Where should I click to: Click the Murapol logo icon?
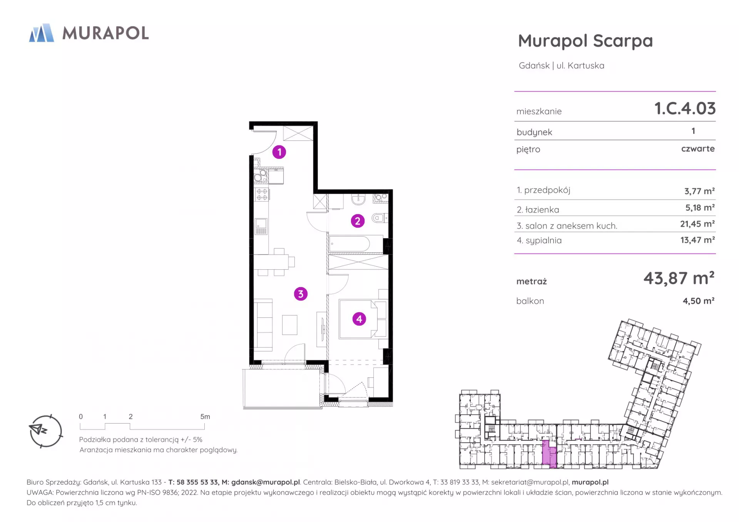click(42, 33)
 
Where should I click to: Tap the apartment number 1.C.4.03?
click(685, 108)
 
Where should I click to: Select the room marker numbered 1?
click(279, 152)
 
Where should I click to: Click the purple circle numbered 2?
click(358, 221)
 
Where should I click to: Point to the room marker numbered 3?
click(301, 294)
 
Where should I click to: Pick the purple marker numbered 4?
click(359, 319)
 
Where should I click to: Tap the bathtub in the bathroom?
click(350, 244)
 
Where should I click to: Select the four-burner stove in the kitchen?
click(262, 195)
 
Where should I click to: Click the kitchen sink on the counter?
click(261, 226)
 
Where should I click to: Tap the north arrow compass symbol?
click(45, 431)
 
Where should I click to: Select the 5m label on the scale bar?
click(205, 417)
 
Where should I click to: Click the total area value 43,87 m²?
click(679, 278)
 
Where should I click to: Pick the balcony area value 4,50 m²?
click(699, 301)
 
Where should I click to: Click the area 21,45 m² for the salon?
click(697, 224)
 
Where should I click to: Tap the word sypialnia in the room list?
click(543, 240)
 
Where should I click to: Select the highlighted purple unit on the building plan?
click(549, 454)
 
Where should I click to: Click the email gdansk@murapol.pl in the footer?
click(266, 482)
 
